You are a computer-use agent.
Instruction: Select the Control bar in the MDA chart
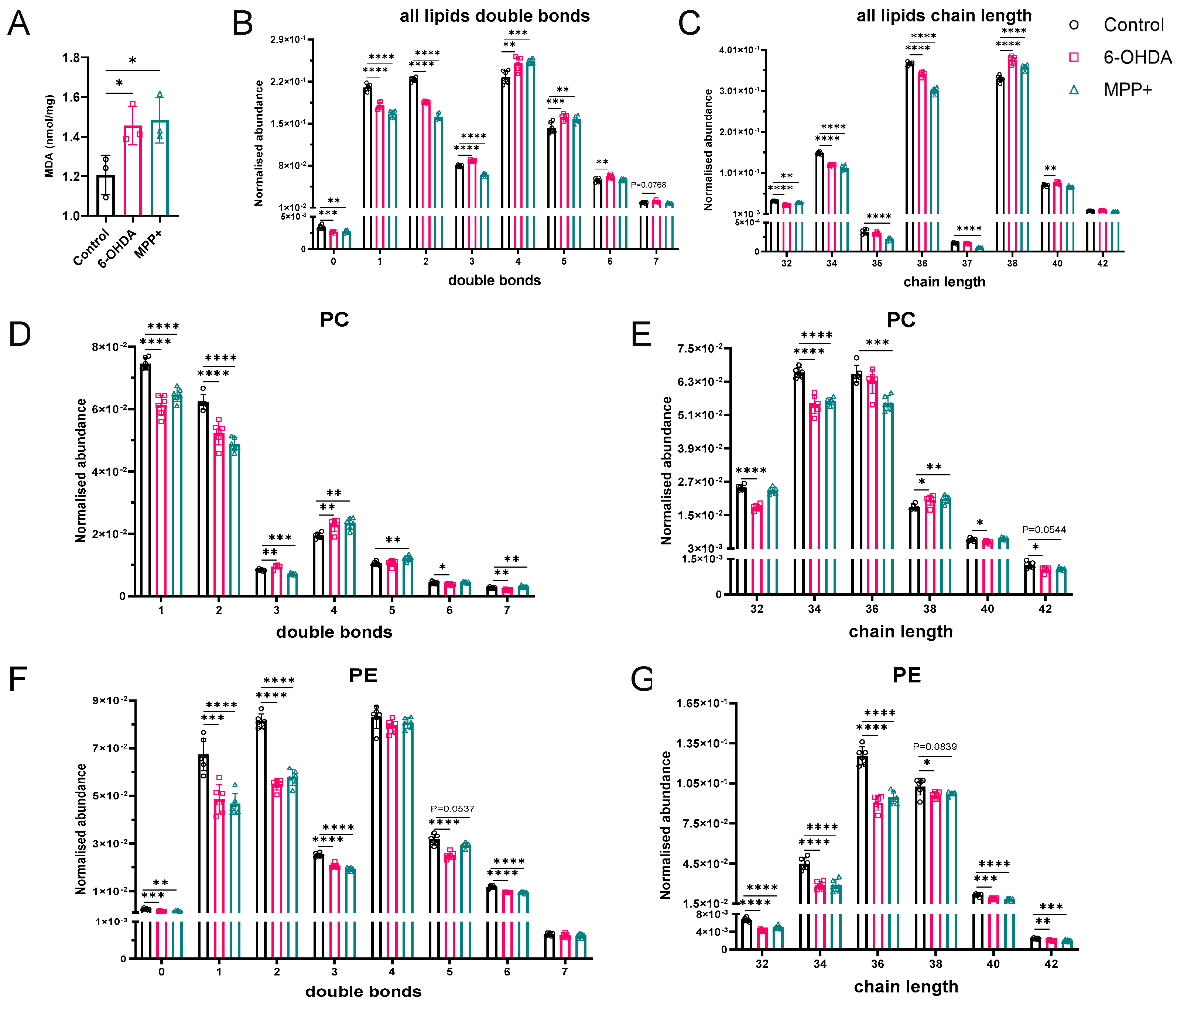106,195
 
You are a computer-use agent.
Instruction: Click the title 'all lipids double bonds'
494,16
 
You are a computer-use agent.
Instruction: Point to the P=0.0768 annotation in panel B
648,185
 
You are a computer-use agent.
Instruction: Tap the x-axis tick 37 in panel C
967,264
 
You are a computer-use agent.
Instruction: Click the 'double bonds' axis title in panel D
334,632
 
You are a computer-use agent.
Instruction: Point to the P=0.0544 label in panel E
1044,530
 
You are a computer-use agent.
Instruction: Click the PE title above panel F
363,675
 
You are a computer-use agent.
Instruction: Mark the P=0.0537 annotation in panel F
452,809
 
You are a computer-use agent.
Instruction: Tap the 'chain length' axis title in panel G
906,987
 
